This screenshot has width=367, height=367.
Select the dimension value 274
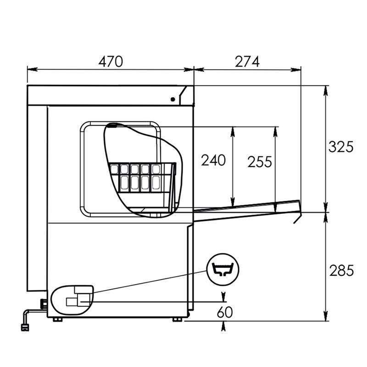247,61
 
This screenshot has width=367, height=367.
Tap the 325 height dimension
341,147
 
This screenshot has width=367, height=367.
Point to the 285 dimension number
341,271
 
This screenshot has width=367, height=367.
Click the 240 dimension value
213,160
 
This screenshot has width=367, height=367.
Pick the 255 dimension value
260,161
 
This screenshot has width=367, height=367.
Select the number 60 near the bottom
224,312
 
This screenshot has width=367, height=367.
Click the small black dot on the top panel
173,99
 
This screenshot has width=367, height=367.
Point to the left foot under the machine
57,319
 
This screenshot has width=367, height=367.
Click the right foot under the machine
177,319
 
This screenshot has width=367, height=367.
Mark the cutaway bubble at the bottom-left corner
72,300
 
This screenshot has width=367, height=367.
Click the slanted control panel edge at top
186,95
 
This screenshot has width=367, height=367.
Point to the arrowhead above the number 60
224,295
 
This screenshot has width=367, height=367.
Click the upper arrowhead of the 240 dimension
233,131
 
